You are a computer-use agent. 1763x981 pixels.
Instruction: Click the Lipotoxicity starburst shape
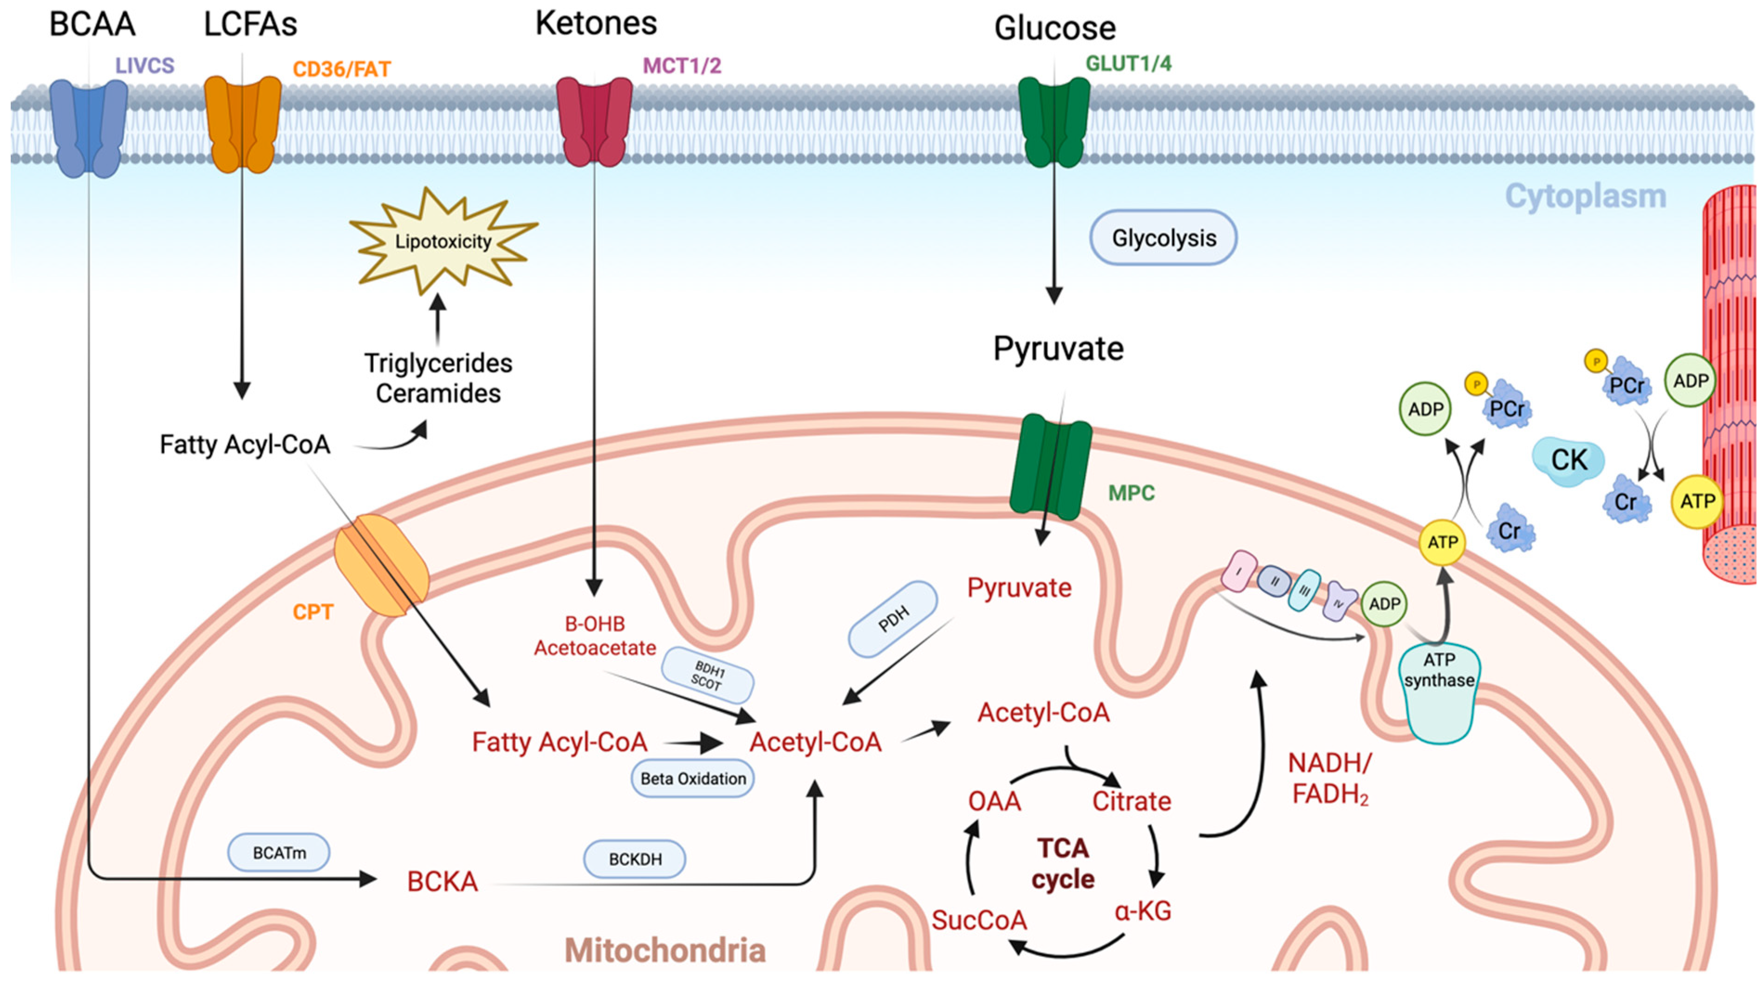click(x=443, y=241)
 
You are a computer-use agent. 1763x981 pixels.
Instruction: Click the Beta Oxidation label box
click(x=693, y=779)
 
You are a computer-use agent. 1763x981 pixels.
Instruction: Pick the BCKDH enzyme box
click(x=634, y=859)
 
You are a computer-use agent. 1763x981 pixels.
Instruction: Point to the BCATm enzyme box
click(x=279, y=853)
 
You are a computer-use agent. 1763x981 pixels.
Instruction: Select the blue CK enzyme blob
click(x=1567, y=460)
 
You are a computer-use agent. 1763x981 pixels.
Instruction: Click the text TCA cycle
click(x=1062, y=863)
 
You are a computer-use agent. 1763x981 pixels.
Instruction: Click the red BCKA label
click(x=442, y=881)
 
